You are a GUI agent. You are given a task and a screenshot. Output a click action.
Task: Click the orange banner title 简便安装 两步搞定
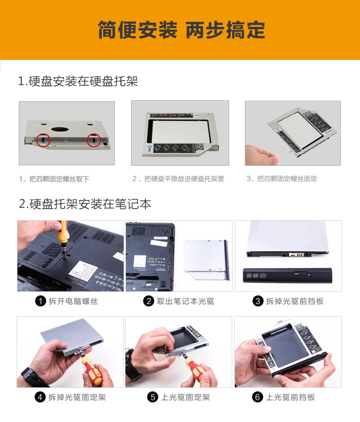181,30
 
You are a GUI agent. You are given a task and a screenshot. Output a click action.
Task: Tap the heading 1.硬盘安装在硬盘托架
78,81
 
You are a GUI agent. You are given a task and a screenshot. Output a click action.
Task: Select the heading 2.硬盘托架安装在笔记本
85,204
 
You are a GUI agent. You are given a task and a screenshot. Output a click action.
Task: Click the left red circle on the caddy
43,140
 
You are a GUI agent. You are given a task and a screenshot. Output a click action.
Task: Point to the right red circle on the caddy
94,140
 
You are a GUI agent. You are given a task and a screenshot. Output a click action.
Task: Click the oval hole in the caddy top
60,129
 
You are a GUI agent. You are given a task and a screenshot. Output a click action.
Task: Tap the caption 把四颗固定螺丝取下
59,179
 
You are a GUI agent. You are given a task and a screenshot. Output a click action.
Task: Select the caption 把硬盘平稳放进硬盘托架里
184,179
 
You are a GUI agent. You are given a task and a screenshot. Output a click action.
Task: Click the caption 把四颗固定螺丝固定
287,179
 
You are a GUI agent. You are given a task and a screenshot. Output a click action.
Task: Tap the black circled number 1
40,301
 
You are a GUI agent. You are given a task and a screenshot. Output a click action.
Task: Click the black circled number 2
148,301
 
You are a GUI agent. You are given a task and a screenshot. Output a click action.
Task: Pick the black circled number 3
258,301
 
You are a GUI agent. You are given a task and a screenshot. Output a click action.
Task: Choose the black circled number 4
40,397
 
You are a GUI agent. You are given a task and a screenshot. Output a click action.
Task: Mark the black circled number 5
153,397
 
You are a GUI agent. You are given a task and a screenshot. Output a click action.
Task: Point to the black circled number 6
257,397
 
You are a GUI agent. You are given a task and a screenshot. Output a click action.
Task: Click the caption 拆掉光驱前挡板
295,301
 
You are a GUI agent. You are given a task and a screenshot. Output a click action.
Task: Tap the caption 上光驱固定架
185,397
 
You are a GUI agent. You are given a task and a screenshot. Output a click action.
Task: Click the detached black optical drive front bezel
288,275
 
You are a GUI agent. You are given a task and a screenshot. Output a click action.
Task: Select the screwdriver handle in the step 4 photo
93,370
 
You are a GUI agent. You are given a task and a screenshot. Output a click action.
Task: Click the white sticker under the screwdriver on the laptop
84,271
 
